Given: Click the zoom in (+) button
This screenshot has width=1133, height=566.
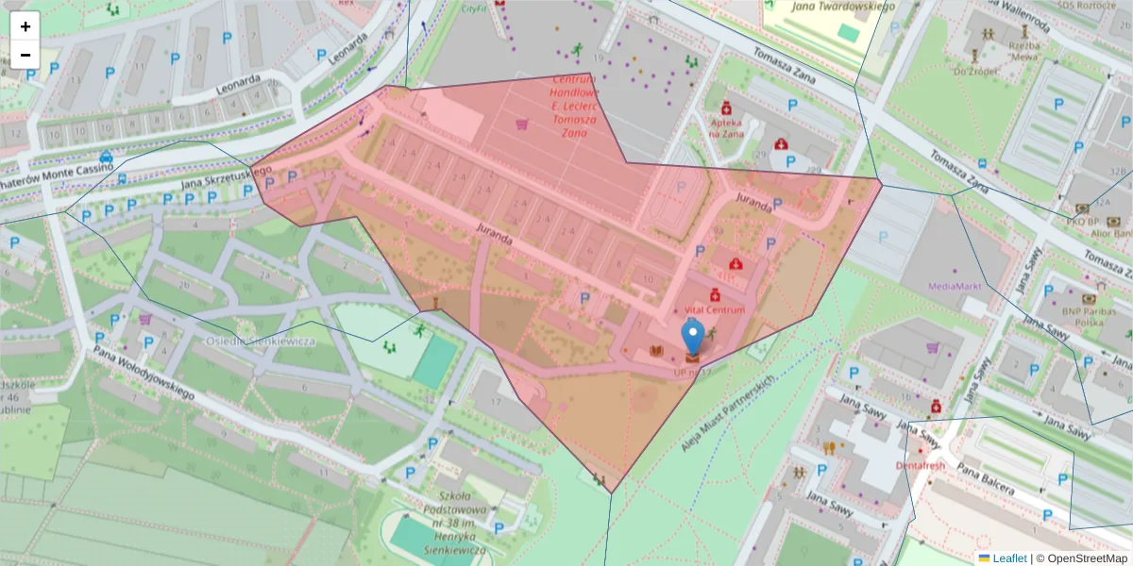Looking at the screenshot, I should (25, 26).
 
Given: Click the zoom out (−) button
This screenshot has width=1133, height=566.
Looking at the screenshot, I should (25, 55).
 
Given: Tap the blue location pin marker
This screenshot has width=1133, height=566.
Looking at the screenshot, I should (693, 338).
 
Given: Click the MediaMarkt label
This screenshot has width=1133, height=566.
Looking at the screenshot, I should (955, 286).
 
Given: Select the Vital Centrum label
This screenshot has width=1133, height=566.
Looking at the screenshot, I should (715, 309).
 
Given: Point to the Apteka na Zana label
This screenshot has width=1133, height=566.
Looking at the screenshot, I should (726, 127).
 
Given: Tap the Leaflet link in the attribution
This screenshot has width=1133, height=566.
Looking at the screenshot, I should (1009, 558).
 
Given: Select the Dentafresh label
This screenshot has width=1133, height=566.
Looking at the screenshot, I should (920, 466).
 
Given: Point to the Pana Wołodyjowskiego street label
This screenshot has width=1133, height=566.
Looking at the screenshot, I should (143, 373).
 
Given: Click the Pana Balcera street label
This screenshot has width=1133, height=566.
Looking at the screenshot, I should (985, 478).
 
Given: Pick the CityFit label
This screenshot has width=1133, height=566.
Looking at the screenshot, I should (474, 8).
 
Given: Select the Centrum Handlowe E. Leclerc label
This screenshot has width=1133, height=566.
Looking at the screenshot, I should (574, 106).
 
